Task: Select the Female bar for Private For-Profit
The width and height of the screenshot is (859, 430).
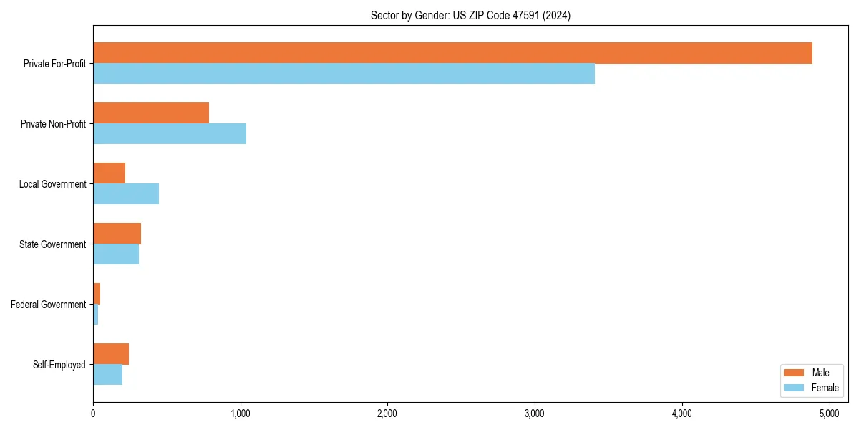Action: tap(344, 74)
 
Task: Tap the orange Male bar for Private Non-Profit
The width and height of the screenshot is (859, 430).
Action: tap(151, 113)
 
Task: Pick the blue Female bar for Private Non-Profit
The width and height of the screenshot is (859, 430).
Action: tap(170, 134)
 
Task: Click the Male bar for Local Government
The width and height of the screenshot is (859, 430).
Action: tap(110, 173)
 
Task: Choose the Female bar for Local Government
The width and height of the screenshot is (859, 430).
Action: tap(126, 194)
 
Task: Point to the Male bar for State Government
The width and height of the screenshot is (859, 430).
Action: tap(117, 234)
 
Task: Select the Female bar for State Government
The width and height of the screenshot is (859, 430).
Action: tap(116, 254)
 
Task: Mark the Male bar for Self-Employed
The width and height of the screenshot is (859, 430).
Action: tap(111, 354)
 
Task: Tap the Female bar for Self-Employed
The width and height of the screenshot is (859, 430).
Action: tap(108, 375)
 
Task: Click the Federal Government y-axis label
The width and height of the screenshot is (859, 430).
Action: tap(49, 305)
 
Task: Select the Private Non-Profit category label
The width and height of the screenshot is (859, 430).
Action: tap(53, 124)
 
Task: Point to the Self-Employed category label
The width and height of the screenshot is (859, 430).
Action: tap(59, 365)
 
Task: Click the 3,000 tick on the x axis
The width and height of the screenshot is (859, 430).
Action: tap(535, 414)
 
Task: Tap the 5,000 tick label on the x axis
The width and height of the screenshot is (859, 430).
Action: tap(829, 414)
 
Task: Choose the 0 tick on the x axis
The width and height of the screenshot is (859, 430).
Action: tap(93, 414)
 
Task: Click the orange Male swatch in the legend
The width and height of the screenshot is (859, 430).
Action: tap(795, 373)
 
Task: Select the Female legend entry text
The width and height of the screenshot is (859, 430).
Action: tap(825, 388)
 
